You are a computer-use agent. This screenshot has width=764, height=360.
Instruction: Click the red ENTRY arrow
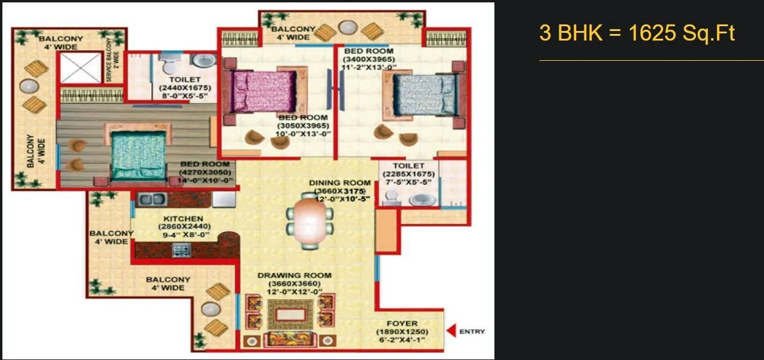click(x=451, y=331)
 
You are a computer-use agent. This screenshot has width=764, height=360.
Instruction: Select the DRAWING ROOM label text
click(x=294, y=275)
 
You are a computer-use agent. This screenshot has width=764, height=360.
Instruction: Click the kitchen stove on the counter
click(x=181, y=250)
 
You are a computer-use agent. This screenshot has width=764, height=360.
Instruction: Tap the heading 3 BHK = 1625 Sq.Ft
click(x=637, y=33)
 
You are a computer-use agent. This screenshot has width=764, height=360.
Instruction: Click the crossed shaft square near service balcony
click(x=81, y=68)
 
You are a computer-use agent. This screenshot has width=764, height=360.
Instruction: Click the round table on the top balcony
click(x=347, y=27)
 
